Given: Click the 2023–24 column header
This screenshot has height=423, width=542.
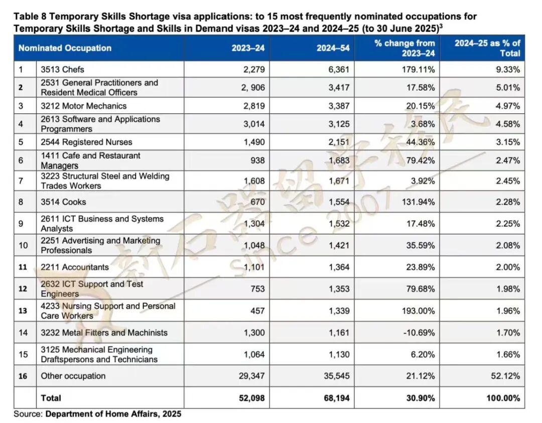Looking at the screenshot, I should coord(248,48).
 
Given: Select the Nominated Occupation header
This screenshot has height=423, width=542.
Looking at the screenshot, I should coord(65,48).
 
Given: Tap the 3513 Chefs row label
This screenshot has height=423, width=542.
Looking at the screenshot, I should coord(63,69).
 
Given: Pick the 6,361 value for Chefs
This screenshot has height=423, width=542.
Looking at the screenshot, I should coord(339,69).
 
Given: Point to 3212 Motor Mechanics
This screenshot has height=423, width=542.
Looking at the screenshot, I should coord(84,106).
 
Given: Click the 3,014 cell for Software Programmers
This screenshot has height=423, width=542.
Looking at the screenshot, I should coord(254,124).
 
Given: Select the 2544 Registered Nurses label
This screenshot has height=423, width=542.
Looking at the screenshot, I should coord(87,142).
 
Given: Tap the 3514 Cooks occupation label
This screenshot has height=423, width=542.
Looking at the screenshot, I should coord(64,202).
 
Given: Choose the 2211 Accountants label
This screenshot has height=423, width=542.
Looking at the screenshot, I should coord(75,267).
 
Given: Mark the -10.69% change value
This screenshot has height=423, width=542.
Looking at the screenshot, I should coord(418,333).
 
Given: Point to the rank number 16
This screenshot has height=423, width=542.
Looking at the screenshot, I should coord(23,376).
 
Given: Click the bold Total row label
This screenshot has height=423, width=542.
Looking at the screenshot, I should coord(51,398).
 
